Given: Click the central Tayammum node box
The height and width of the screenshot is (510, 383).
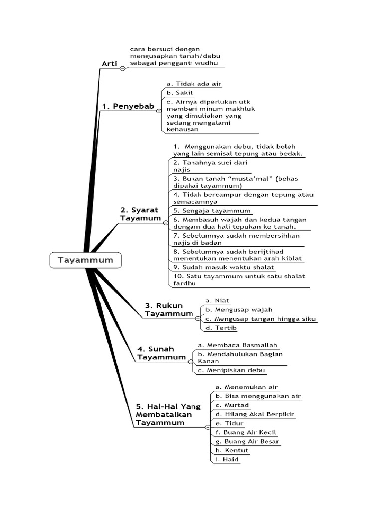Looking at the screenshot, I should click(85, 260).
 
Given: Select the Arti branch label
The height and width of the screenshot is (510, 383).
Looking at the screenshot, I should click(109, 63).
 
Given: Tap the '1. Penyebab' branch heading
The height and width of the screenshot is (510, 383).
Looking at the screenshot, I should click(128, 106).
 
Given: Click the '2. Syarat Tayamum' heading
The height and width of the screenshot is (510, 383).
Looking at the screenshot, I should click(141, 214).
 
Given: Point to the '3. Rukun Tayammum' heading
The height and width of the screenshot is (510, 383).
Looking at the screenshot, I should click(169, 309).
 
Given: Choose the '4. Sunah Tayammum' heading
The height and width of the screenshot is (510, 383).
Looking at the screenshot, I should click(161, 353).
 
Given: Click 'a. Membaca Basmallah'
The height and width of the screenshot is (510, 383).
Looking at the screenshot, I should click(237, 345).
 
